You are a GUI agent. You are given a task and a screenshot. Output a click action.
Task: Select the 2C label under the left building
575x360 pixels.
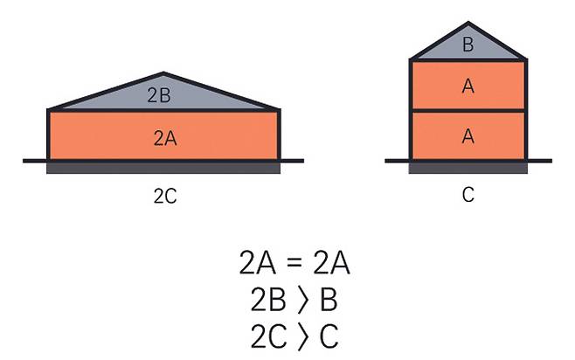tap(164, 197)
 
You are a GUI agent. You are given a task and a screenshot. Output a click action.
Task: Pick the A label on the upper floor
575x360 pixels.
tap(468, 86)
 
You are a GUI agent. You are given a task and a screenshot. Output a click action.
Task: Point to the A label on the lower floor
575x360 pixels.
tap(468, 135)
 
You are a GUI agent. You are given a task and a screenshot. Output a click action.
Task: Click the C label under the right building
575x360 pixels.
tap(468, 196)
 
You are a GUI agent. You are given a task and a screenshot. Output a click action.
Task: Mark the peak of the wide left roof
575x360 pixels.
tap(163, 73)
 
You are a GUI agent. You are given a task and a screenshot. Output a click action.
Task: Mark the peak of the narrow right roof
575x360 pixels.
tap(468, 21)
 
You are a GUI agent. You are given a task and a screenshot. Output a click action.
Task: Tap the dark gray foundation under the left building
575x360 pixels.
tap(163, 167)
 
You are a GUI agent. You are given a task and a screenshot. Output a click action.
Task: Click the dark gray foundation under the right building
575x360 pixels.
tap(468, 167)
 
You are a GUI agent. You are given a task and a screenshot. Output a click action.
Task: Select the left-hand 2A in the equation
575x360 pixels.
tap(256, 263)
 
